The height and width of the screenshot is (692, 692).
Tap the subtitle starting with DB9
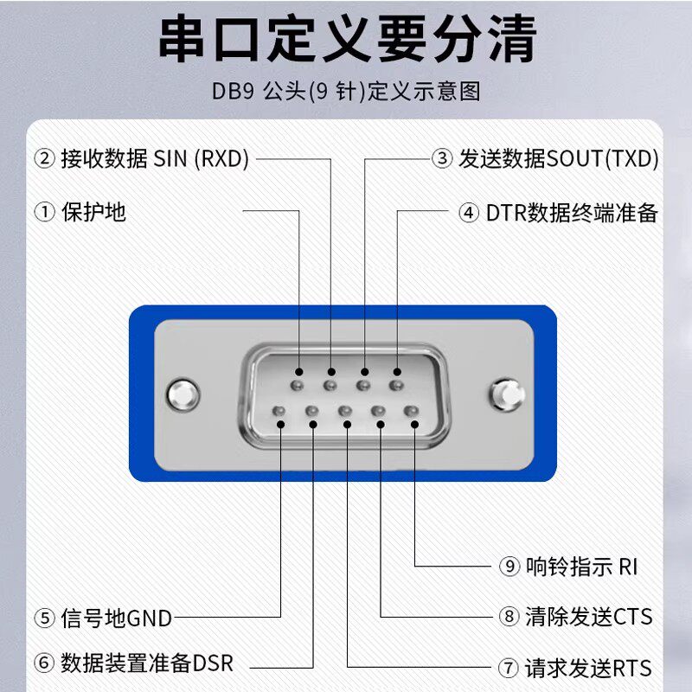346,91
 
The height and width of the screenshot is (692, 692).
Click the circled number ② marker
44,159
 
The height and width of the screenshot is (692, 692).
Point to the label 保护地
94,211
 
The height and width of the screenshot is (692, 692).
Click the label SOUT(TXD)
603,159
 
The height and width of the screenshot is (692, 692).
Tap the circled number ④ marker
469,213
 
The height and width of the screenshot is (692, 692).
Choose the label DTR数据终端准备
572,213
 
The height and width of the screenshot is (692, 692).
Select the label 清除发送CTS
588,617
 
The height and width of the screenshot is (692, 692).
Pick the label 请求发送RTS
587,668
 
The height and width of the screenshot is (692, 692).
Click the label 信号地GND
116,618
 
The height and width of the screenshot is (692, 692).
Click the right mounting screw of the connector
508,394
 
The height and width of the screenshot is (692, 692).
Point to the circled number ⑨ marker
509,567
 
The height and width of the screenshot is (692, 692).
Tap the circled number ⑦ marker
509,669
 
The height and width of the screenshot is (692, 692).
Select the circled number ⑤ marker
44,618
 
